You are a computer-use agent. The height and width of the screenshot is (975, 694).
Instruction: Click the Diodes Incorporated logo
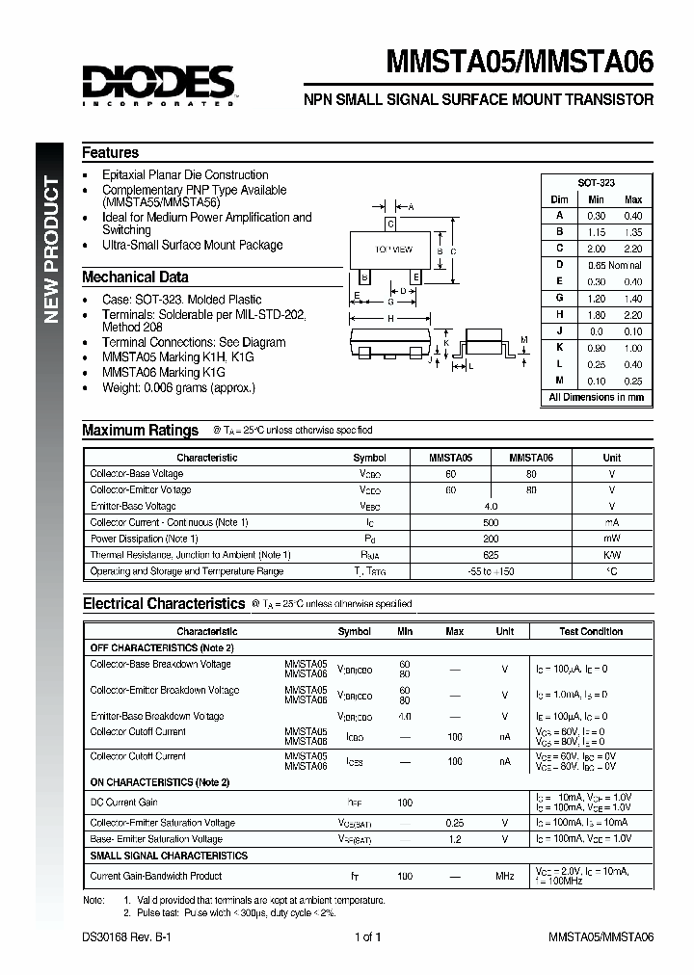(x=157, y=83)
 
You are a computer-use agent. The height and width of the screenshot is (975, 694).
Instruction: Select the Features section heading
(x=110, y=152)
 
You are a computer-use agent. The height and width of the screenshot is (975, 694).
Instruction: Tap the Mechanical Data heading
(x=135, y=277)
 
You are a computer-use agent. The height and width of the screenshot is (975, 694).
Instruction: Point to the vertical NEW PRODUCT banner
(x=54, y=250)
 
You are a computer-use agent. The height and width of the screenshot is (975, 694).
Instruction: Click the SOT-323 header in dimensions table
(x=596, y=182)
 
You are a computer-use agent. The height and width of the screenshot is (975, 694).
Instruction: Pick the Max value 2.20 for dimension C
(x=632, y=248)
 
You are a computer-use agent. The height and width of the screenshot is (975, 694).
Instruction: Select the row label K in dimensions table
(x=559, y=348)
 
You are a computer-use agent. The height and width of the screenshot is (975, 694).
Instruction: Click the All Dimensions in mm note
(x=596, y=397)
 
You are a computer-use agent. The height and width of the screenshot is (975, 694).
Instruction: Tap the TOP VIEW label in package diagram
(x=393, y=250)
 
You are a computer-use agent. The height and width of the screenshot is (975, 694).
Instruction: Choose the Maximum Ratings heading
(x=140, y=431)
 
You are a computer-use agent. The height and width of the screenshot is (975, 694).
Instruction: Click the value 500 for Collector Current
(x=492, y=522)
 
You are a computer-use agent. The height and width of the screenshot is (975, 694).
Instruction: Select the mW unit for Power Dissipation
(x=611, y=539)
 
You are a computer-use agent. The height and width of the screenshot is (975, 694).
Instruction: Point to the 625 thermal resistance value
(x=492, y=555)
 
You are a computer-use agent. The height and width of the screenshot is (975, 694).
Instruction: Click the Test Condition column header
(x=590, y=632)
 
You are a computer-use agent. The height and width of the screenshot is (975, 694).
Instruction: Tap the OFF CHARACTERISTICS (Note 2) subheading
(x=161, y=648)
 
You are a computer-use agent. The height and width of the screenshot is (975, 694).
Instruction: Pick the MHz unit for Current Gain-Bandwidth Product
(x=504, y=876)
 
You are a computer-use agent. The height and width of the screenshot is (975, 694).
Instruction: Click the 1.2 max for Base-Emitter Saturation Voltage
(x=454, y=839)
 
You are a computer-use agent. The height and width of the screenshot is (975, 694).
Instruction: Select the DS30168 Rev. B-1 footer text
(x=128, y=936)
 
